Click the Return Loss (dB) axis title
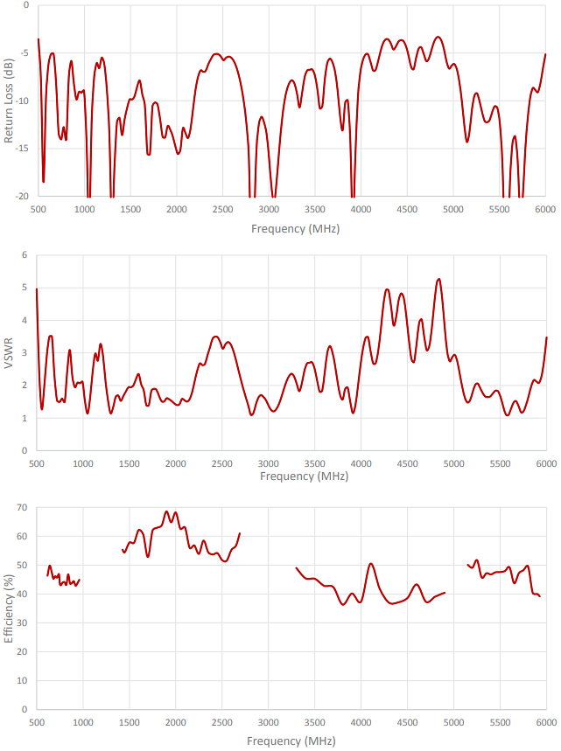[x=9, y=101]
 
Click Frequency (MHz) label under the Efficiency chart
[x=290, y=741]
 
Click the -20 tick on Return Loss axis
[x=21, y=197]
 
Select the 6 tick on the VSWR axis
[x=25, y=254]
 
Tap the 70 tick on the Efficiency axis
[x=22, y=507]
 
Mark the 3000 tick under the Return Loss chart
[x=269, y=211]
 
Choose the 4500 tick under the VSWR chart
[x=407, y=463]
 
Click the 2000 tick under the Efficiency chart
[x=176, y=723]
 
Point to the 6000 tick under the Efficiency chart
[x=545, y=723]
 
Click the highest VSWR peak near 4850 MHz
[x=438, y=279]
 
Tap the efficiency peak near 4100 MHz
[x=371, y=564]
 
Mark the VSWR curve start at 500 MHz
[x=37, y=289]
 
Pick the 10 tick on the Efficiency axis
[x=22, y=680]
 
